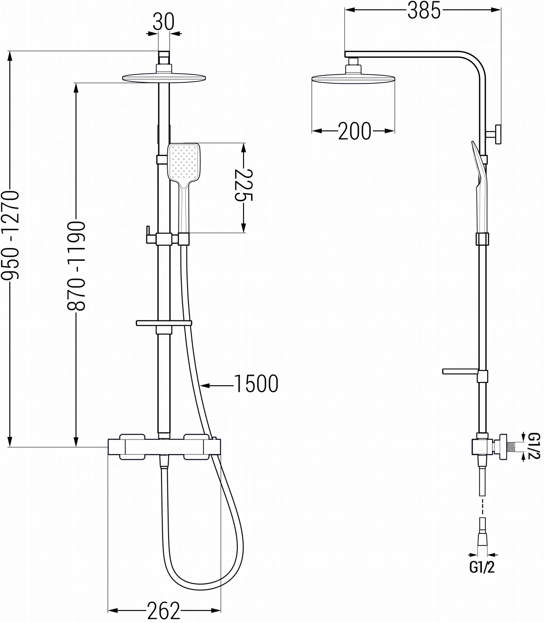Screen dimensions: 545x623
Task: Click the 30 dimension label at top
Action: click(163, 22)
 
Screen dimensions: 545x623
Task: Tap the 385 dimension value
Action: click(424, 10)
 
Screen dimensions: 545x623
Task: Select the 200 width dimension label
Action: click(355, 131)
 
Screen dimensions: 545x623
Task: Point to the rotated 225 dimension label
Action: click(244, 185)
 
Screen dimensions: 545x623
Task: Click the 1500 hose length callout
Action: click(256, 384)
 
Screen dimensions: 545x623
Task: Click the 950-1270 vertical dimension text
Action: click(10, 235)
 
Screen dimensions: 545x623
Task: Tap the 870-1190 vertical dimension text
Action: click(76, 266)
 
